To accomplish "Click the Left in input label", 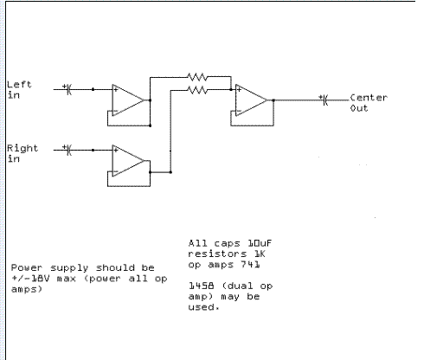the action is click(x=19, y=90).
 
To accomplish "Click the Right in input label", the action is click(x=22, y=153).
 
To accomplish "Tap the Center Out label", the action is click(x=369, y=103).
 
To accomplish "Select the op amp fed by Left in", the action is click(x=128, y=100).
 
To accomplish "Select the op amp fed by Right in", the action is click(x=128, y=161).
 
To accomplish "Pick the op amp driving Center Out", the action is click(x=252, y=100).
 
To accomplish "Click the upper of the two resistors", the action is click(x=197, y=77).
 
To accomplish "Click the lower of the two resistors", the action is click(x=197, y=90).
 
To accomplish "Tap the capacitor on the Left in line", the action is click(x=68, y=89).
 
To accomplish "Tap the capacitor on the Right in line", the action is click(x=68, y=150).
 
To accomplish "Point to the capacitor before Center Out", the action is click(x=324, y=100).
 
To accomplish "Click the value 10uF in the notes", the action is click(x=260, y=243).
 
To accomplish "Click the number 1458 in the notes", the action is click(x=202, y=286).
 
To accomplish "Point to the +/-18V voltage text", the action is click(x=30, y=279).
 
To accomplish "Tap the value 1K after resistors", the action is click(x=260, y=254).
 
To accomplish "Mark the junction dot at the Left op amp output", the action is click(x=150, y=100).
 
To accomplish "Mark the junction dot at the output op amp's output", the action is click(x=273, y=100).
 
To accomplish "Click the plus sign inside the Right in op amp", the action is click(x=116, y=151).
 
